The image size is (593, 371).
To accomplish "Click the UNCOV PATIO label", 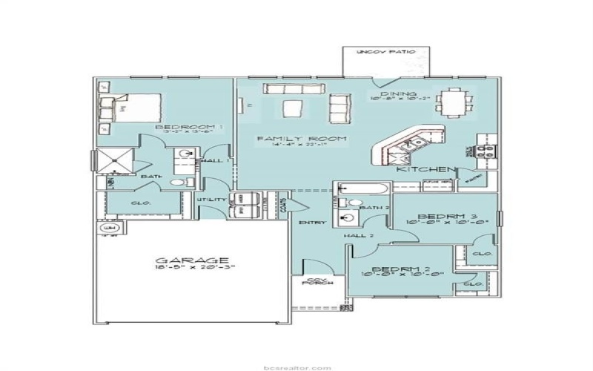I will [383, 53].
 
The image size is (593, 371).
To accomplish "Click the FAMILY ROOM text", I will [291, 139].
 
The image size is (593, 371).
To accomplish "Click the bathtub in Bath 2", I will [361, 188].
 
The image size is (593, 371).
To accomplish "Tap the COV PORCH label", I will [319, 282].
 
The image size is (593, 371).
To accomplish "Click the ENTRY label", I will [308, 223].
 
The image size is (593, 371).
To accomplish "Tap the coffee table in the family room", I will [296, 108].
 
